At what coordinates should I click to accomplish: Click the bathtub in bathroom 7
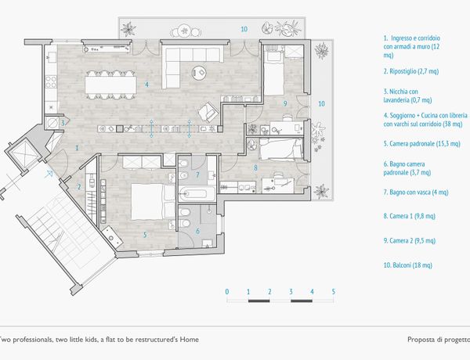(x=197, y=193)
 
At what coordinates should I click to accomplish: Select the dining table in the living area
(x=111, y=85)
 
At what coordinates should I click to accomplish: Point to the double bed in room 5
(x=153, y=202)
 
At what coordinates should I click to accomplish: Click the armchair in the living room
(x=208, y=112)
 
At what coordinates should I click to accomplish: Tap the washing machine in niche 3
(x=52, y=123)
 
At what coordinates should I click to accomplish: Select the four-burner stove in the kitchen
(x=51, y=81)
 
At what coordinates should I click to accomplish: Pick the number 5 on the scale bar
(x=334, y=291)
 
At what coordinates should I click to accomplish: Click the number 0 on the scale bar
(x=227, y=291)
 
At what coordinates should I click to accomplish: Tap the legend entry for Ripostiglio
(x=411, y=71)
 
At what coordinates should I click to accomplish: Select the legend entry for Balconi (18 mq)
(x=407, y=265)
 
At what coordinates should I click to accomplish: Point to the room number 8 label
(x=255, y=168)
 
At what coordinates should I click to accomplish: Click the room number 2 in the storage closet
(x=79, y=187)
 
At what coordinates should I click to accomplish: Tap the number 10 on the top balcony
(x=244, y=29)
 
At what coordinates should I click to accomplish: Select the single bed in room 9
(x=273, y=73)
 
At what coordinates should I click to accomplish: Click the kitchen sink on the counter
(x=52, y=57)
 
